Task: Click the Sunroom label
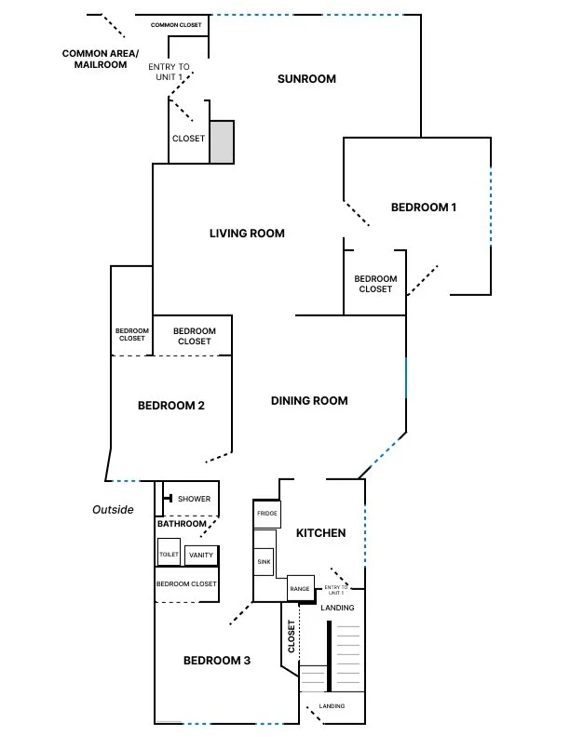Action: tap(306, 79)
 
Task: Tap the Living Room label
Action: tap(247, 234)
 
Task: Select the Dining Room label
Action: tap(309, 401)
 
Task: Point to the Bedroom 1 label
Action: tap(423, 208)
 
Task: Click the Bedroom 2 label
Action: tap(170, 406)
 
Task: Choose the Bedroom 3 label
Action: tap(216, 661)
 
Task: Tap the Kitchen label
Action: tap(320, 533)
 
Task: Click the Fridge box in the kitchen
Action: tap(267, 514)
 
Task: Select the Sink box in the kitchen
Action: tap(264, 563)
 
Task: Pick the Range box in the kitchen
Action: tap(299, 589)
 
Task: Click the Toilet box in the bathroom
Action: tap(169, 554)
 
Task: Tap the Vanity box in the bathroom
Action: tap(200, 556)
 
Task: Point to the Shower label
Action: tap(194, 500)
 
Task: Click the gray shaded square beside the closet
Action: tap(221, 142)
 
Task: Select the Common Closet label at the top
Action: tap(176, 25)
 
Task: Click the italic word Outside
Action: tap(113, 510)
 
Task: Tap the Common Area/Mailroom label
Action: tap(101, 59)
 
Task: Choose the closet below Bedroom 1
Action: tap(375, 284)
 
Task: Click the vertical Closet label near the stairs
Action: tap(291, 636)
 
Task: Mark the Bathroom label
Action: tap(182, 524)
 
